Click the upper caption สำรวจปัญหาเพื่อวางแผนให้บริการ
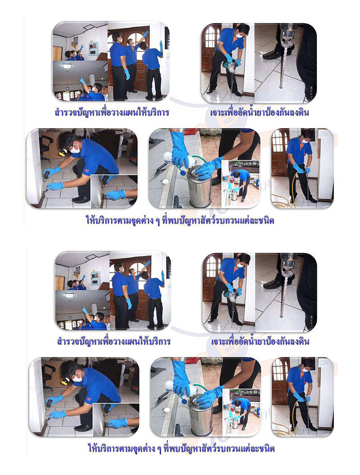click(x=112, y=112)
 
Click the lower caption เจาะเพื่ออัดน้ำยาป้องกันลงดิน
click(x=260, y=341)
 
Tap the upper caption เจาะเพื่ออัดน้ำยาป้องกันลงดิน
click(x=260, y=112)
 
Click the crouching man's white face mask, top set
click(x=75, y=149)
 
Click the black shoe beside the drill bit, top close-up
click(x=272, y=54)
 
